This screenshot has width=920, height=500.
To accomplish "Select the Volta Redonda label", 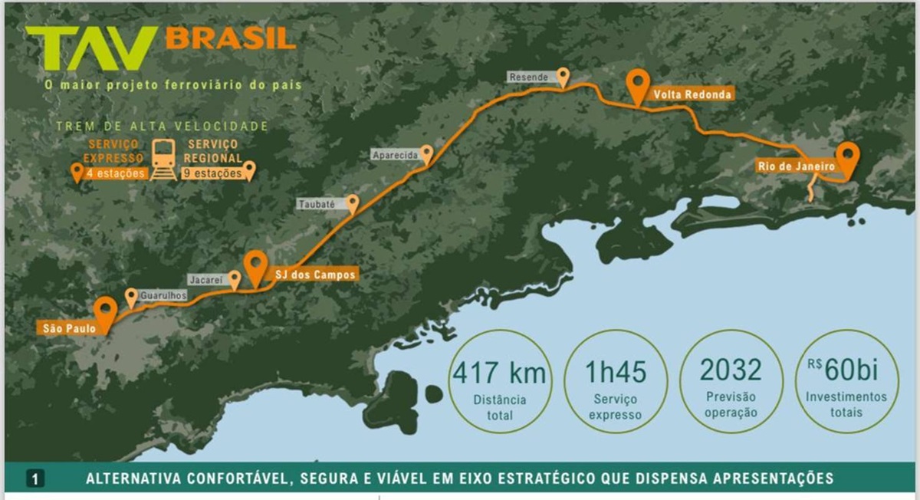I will pos(692,94).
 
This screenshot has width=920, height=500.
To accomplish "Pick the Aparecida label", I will pos(395,155).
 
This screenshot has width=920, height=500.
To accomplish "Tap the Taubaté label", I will pos(320,205).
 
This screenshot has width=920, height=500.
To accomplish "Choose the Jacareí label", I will pos(206,281).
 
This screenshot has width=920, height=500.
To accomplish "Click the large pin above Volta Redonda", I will pos(637,84).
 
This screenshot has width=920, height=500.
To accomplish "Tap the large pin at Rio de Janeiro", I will pos(847,157).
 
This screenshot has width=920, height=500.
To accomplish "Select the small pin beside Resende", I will pos(563,76).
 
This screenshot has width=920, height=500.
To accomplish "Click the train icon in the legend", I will pos(163,159).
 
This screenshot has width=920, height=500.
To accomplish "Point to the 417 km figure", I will pos(500,373).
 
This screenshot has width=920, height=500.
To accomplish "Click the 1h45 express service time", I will pos(616,372).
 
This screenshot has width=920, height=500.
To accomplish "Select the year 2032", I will pos(731,370).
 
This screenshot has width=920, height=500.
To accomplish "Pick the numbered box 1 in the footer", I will pos(35,479).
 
